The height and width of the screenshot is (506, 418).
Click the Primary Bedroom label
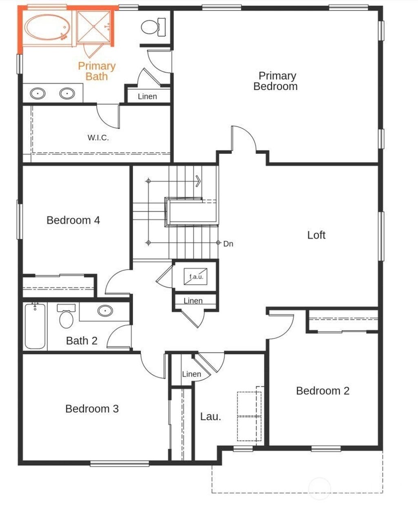[x=276, y=81]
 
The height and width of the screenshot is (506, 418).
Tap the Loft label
[x=316, y=235]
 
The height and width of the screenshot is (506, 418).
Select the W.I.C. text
[x=98, y=138]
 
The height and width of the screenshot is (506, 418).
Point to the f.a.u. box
[x=196, y=276]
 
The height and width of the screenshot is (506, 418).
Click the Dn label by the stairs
[x=228, y=244]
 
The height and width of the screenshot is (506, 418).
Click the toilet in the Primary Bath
[x=153, y=27]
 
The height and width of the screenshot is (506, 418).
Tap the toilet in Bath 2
[x=66, y=316]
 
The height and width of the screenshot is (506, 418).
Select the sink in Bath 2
[x=105, y=311]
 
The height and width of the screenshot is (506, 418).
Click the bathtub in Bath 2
[x=35, y=326]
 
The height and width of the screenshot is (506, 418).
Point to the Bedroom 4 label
[x=73, y=220]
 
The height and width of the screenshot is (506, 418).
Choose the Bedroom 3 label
[x=92, y=409]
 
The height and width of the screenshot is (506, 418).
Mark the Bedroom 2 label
[x=323, y=391]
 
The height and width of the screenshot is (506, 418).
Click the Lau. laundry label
[x=211, y=417]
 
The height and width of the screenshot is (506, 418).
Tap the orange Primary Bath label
[x=97, y=71]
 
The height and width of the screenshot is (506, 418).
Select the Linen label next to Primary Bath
[x=147, y=96]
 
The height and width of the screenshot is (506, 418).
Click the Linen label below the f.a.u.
[x=193, y=301]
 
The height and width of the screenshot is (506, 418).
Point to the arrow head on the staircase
[x=199, y=181]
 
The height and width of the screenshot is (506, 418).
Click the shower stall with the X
[x=94, y=26]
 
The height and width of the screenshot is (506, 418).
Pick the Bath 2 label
[x=82, y=341]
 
